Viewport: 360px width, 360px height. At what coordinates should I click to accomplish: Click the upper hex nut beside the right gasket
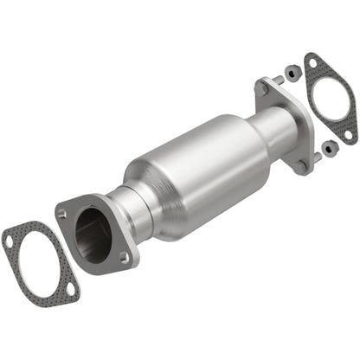(292, 75)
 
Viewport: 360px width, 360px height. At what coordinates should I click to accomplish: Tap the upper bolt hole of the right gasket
(309, 63)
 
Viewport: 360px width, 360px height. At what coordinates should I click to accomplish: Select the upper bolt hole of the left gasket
(10, 241)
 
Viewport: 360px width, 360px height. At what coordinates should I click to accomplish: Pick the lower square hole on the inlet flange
(124, 258)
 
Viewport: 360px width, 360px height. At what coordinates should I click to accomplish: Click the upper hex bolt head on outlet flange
(262, 87)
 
